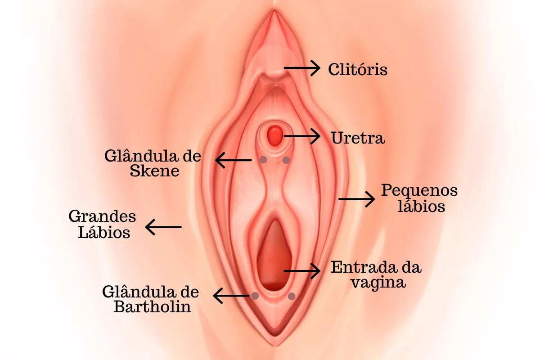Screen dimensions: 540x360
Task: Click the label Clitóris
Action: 358,69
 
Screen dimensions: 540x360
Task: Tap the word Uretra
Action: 358,138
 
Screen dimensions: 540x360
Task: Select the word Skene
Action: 154,171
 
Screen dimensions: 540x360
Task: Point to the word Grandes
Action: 102,216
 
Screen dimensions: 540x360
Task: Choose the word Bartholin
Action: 153,306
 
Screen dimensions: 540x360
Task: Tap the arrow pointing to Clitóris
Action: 302,68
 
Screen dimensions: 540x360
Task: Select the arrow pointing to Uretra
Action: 302,136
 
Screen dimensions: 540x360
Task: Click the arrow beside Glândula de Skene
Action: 233,160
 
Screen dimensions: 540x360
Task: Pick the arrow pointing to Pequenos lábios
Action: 357,199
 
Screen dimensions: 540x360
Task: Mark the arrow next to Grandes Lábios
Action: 163,227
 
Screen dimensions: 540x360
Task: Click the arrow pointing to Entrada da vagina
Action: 302,271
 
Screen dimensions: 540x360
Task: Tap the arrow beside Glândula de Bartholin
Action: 231,296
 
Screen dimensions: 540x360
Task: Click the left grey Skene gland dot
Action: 263,160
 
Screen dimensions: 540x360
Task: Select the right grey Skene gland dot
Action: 286,160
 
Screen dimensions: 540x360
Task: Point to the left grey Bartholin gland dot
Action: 255,296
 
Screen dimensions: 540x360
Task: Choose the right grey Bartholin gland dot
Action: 292,296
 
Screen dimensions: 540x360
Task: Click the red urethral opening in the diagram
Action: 275,135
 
